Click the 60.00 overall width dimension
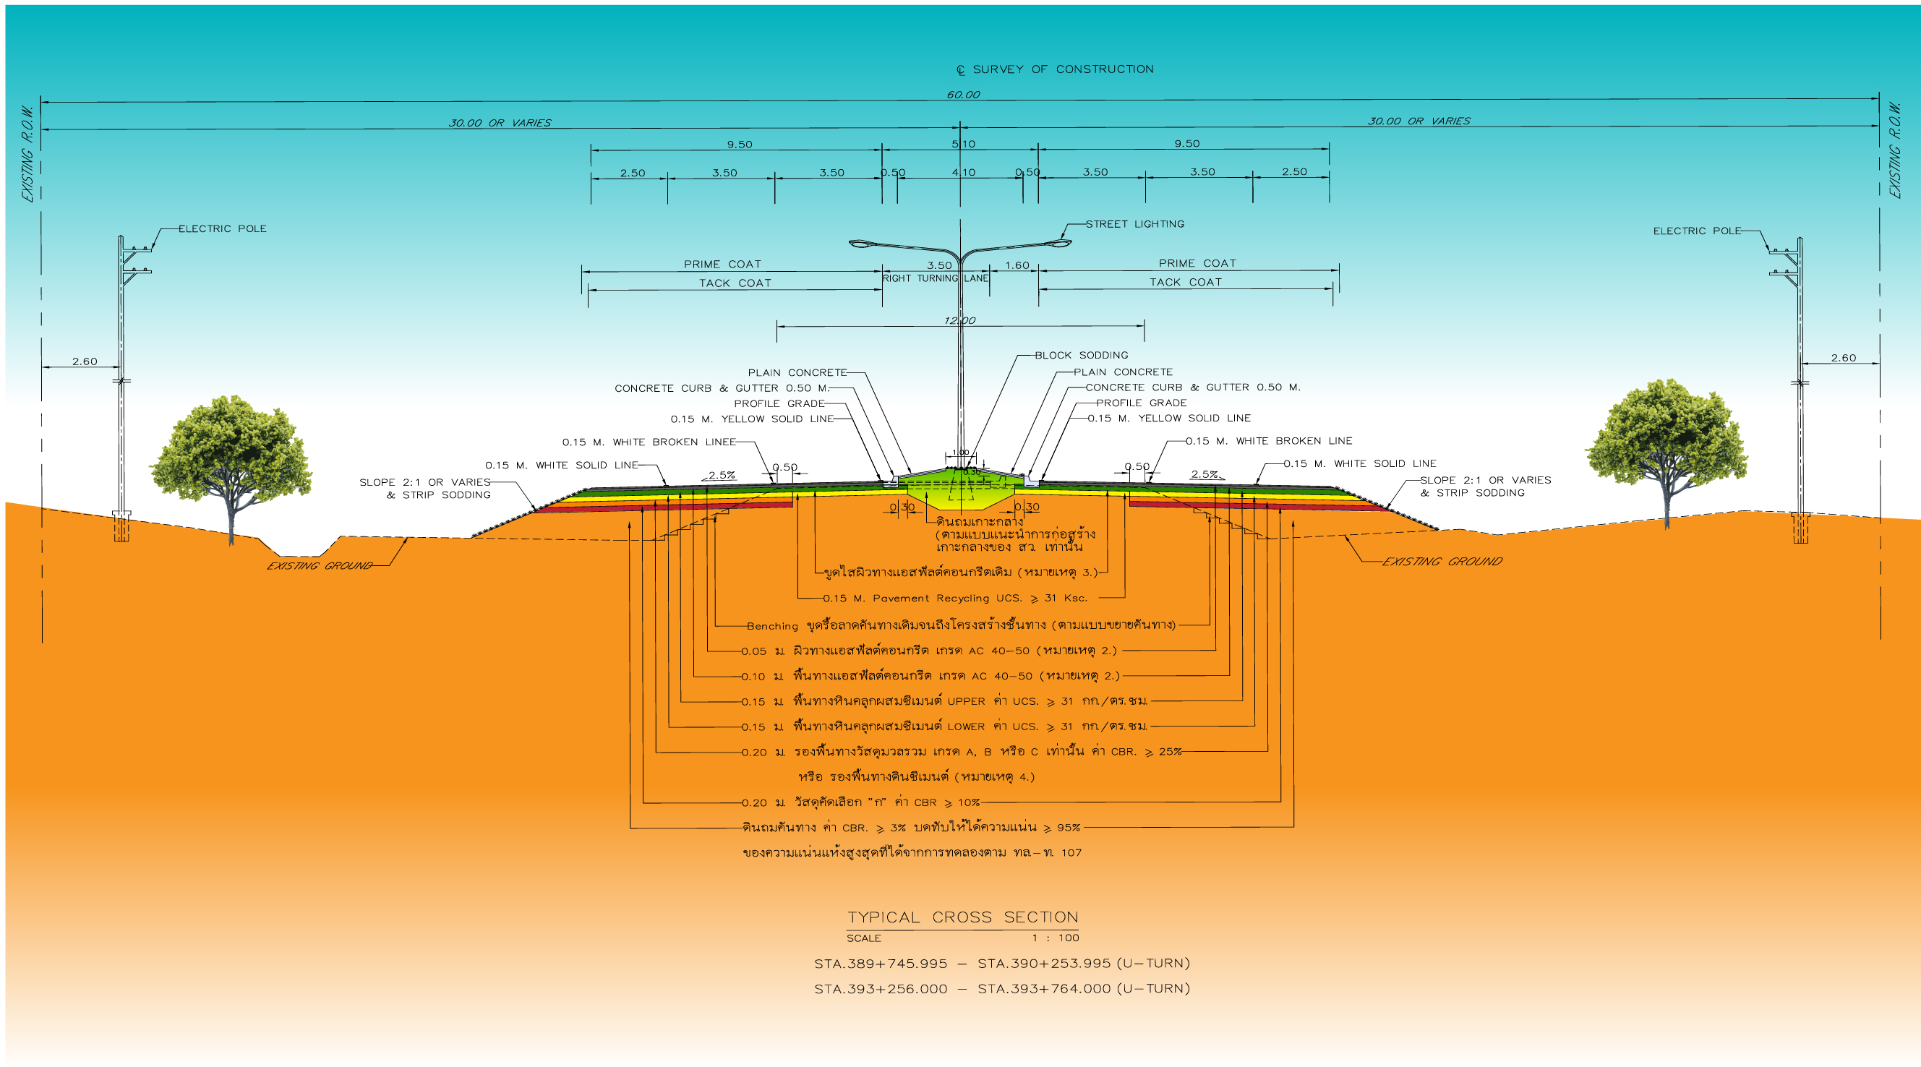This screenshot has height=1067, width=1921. pos(964,95)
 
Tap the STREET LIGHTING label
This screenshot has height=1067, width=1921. pos(1134,223)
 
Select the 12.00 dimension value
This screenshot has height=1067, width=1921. pos(959,321)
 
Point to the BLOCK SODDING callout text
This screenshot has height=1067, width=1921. pos(1082,355)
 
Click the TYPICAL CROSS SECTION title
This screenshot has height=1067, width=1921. pos(963,917)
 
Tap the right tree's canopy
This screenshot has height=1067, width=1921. pos(1667,434)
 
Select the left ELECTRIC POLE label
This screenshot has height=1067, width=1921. pos(222,228)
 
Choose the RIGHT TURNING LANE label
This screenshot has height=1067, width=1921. pos(935,278)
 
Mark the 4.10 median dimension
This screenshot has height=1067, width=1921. pos(964,172)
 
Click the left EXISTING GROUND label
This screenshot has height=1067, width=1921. pos(320,566)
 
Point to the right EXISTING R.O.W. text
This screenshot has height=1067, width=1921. pos(1895,150)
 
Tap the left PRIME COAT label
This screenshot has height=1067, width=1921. pos(722,264)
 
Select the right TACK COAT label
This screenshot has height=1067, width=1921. pos(1186,282)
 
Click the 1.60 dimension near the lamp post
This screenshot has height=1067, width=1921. pos(1017,265)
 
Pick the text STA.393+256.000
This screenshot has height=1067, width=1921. pos(881,989)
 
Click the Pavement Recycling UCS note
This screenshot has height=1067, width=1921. pos(955,598)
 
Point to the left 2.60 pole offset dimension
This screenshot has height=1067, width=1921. pos(85,361)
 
